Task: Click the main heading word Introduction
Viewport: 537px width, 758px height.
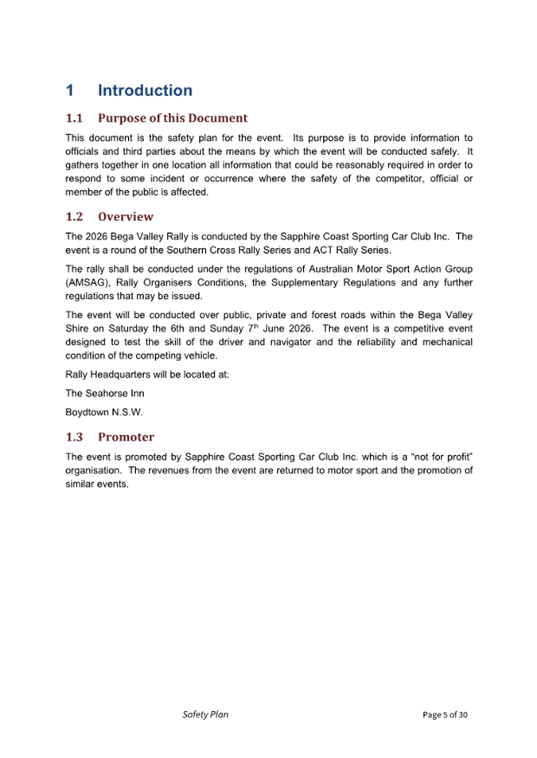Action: coord(145,91)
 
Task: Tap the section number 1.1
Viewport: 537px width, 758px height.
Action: coord(74,119)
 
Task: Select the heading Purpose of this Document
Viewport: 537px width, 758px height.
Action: coord(173,119)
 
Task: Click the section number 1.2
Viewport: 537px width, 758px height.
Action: coord(74,216)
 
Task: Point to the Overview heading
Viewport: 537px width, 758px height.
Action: coord(126,216)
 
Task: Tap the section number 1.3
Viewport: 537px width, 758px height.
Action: coord(74,437)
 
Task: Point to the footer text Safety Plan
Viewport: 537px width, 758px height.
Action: coord(204,714)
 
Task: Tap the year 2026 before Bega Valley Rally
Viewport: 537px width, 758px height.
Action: coord(99,236)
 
